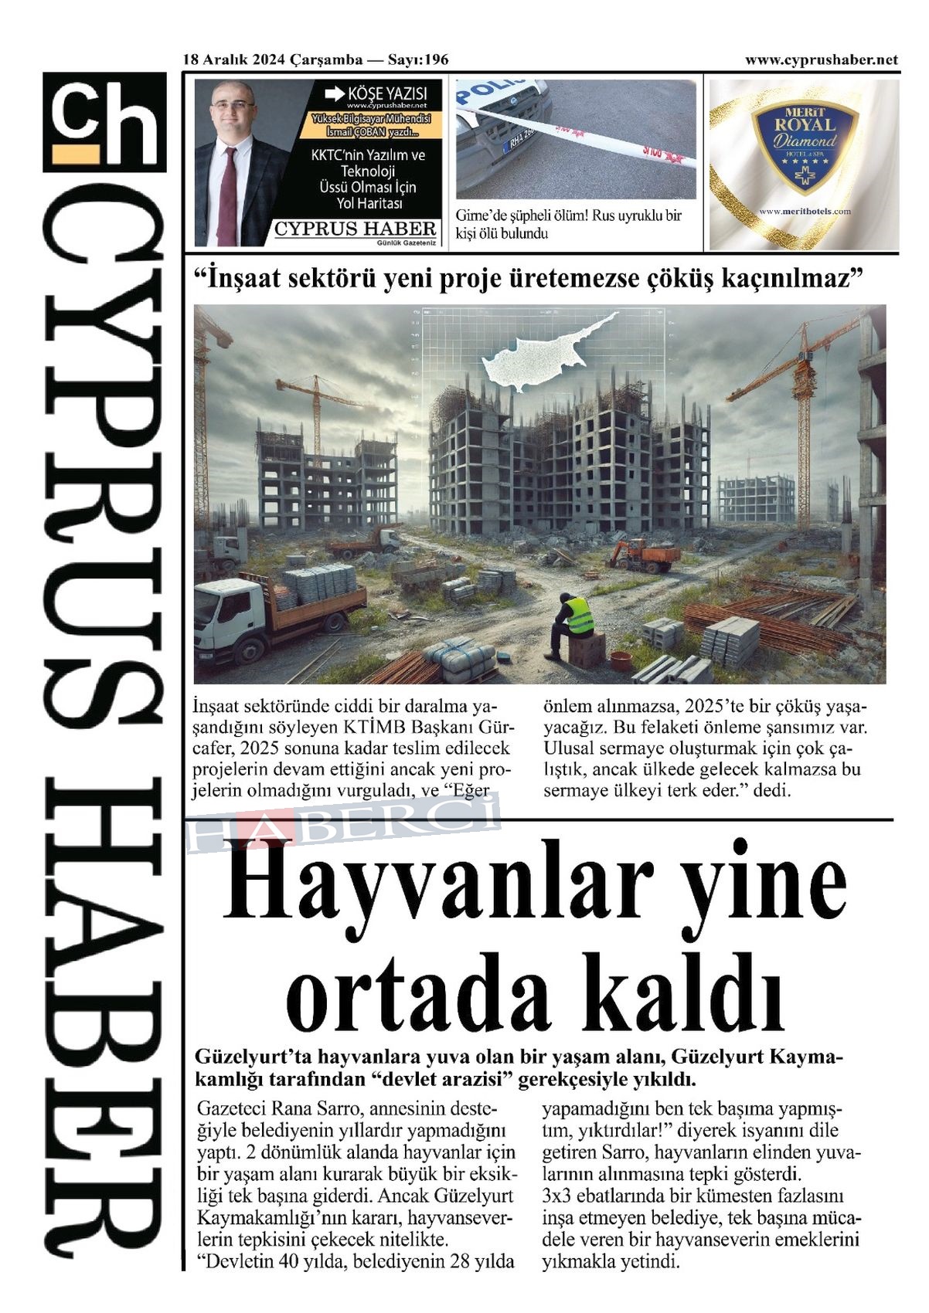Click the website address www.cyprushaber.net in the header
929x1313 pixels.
[821, 60]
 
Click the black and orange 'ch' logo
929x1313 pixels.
[104, 122]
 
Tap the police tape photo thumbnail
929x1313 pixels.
[576, 139]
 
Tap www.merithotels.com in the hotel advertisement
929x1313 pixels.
[805, 211]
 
